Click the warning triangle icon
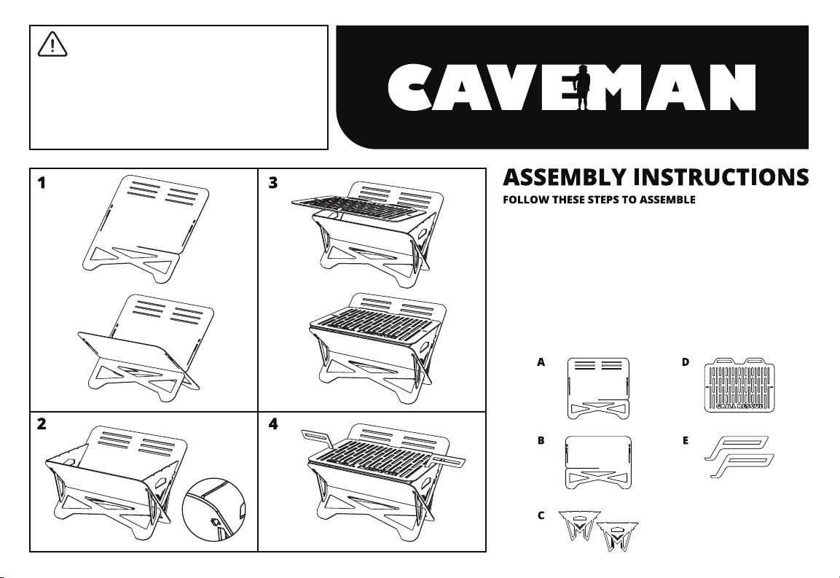(52, 44)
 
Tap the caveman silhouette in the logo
(583, 87)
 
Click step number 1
(42, 184)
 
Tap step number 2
(42, 424)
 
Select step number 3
(273, 184)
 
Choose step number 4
(273, 424)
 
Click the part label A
(541, 362)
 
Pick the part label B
(541, 441)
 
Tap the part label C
(541, 516)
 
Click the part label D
(686, 362)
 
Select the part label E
(686, 441)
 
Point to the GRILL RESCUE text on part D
(739, 407)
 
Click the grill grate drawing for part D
(739, 384)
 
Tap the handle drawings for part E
(739, 457)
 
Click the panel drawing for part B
(598, 462)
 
